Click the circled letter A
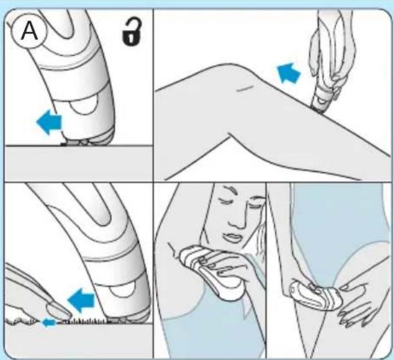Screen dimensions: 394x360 [29, 32]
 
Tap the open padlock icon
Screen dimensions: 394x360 [131, 32]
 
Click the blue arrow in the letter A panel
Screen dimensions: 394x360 [49, 122]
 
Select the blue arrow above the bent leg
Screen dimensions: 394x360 [288, 73]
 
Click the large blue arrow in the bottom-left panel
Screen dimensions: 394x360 [81, 300]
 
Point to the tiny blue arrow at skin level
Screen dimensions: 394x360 [48, 322]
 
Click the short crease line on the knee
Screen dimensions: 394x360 [245, 88]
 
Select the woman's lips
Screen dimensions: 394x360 [232, 237]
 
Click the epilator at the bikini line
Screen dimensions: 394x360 [315, 296]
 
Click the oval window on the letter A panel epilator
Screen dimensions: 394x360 [84, 105]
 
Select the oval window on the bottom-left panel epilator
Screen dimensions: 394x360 [122, 292]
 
